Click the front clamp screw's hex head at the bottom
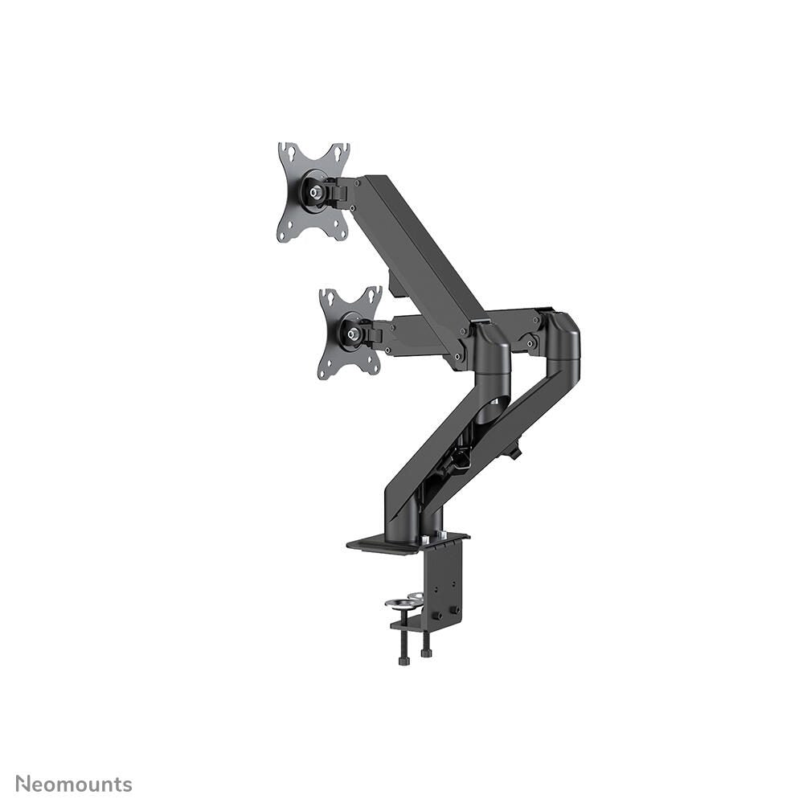[x=403, y=660]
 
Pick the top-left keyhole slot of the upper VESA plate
[x=285, y=150]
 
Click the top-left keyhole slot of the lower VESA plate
[x=326, y=294]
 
